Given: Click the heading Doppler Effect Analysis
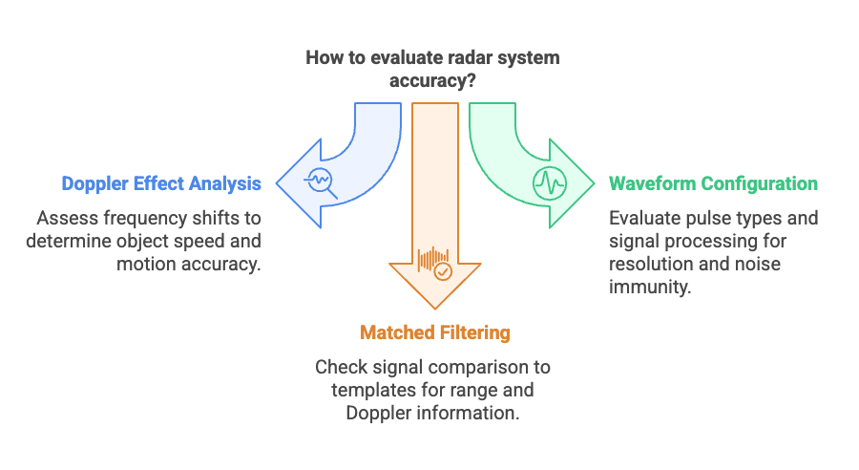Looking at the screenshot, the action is coord(161,183).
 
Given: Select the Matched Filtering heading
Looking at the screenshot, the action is coord(435,332).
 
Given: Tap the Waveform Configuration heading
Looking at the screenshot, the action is coord(713,183).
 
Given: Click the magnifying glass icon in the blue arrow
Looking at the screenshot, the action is coord(321,182).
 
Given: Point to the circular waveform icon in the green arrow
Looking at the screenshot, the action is coord(550,183).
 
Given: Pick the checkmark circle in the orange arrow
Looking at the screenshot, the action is coord(443,271).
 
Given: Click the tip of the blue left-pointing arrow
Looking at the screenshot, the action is coord(277,183).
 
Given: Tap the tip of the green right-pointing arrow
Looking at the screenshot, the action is coord(594,183).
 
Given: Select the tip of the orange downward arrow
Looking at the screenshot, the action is coord(435,309).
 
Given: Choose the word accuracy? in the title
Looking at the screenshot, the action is coord(432,80).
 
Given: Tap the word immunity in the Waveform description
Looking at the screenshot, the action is coord(650,287).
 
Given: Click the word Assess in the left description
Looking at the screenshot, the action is coord(68,218).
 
